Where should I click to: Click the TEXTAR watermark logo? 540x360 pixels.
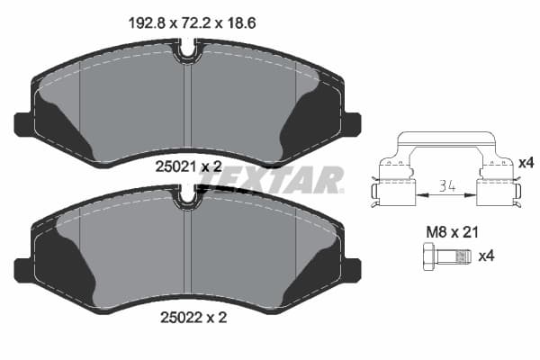pos(270,179)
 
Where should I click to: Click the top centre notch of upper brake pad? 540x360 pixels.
pos(186,54)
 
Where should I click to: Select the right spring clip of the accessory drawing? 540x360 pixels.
pos(498,184)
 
